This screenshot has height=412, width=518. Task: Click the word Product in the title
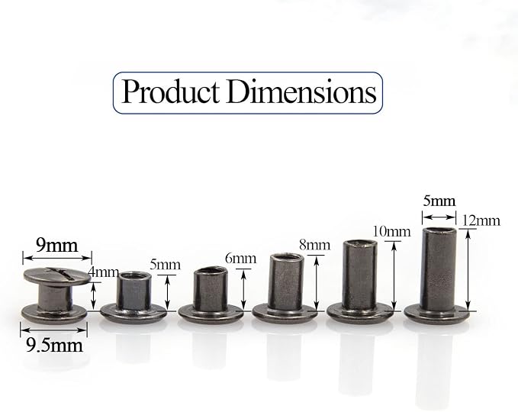click(170, 92)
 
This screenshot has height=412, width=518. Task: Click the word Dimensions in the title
click(301, 91)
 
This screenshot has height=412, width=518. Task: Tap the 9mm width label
click(56, 245)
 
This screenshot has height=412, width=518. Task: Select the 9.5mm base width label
click(54, 346)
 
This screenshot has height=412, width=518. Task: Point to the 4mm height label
click(104, 272)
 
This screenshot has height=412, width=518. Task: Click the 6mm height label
click(240, 259)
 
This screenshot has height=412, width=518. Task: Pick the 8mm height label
click(314, 245)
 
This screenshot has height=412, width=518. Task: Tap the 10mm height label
click(392, 232)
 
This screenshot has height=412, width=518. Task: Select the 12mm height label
click(481, 220)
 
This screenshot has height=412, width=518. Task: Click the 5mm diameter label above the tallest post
click(439, 201)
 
